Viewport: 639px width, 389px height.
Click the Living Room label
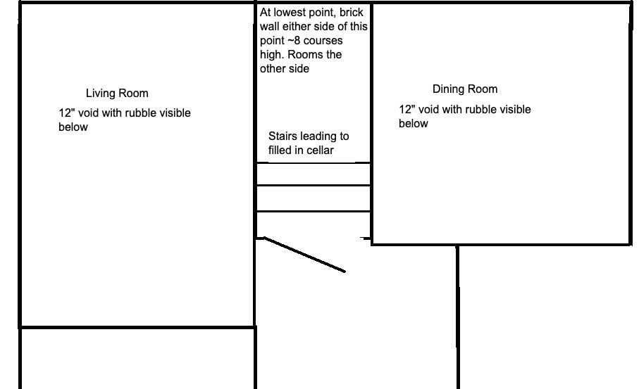pos(117,93)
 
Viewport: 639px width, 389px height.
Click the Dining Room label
pos(465,89)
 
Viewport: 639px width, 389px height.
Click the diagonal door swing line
pos(304,255)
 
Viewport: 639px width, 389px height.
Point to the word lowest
pos(290,12)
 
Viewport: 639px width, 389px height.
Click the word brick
pos(352,12)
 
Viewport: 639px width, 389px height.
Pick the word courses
pos(323,41)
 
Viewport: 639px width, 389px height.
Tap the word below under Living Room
pos(73,127)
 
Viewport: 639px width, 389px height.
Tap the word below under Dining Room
pos(414,124)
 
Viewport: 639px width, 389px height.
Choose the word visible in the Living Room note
pos(175,113)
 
